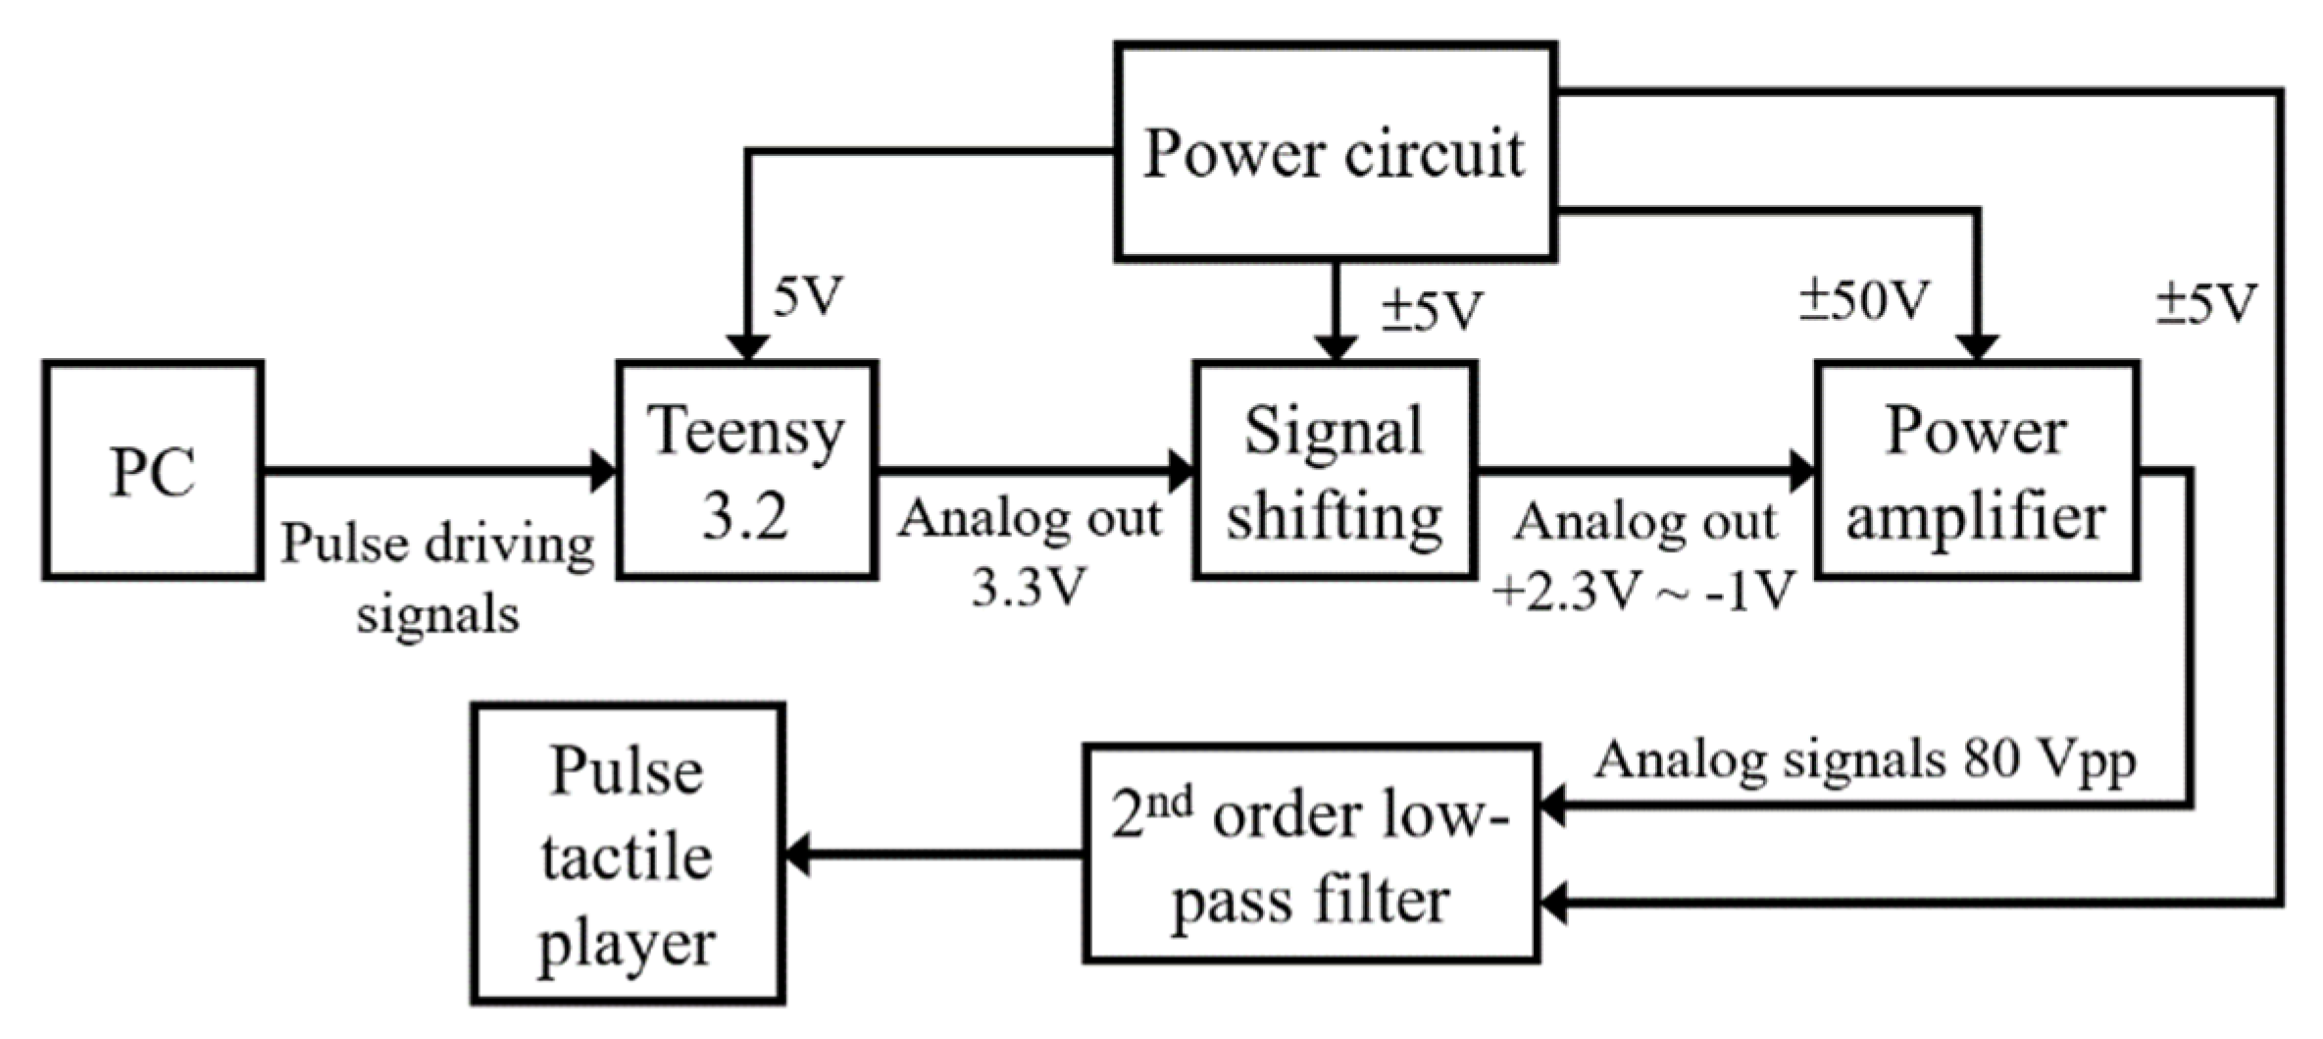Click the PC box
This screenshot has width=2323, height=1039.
pos(152,471)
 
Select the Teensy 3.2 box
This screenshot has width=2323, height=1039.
pos(746,471)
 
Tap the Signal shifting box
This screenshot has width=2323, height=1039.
pos(1334,471)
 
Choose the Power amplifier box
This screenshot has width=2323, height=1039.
pos(1976,471)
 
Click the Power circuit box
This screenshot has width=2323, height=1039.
pos(1335,152)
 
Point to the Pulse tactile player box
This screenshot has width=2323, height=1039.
pos(628,855)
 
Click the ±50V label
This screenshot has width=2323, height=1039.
pos(1864,300)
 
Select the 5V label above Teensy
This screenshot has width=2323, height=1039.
pos(808,296)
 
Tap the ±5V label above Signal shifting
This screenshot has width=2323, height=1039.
pos(1433,310)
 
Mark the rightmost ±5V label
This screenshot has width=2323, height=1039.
pos(2206,303)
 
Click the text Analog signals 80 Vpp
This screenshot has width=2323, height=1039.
pos(1864,760)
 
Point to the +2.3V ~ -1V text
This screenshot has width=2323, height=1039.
pos(1643,592)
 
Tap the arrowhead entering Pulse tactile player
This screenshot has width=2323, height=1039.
pos(798,854)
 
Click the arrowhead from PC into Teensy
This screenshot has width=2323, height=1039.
pos(603,471)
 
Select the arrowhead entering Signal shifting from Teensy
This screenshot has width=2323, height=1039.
pos(1181,471)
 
